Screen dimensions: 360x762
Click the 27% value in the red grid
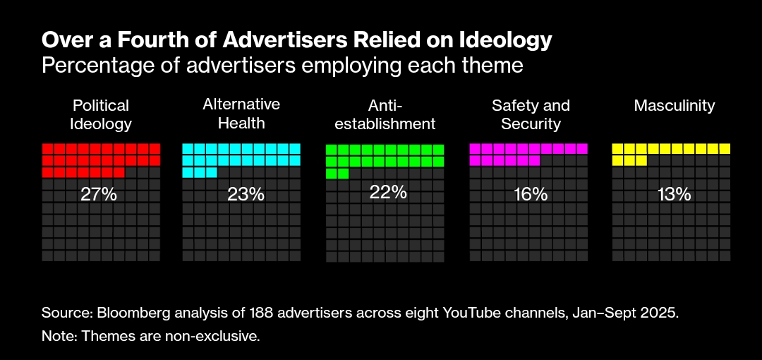tap(99, 195)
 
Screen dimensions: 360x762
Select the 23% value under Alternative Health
tap(246, 195)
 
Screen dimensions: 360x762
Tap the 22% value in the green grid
tap(388, 192)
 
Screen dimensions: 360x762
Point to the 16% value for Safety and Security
tap(531, 195)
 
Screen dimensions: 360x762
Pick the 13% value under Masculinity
tap(673, 195)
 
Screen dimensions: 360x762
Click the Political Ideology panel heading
tap(101, 114)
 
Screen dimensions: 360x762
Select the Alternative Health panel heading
tap(241, 114)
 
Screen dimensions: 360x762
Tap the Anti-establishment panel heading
tap(385, 114)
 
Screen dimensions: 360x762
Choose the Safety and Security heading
tap(531, 114)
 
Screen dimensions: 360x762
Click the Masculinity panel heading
tap(675, 106)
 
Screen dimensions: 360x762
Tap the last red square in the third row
tap(119, 173)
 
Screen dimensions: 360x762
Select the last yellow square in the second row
tap(641, 161)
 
